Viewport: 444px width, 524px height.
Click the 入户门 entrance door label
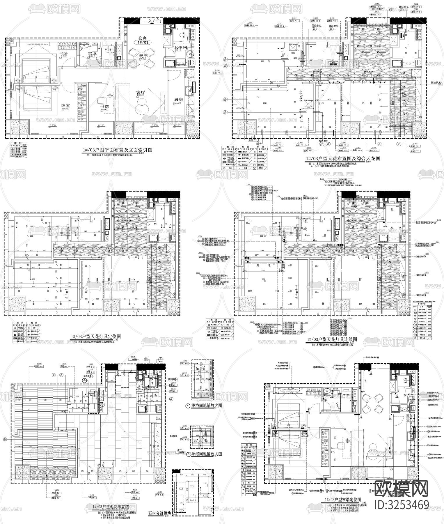pyautogui.click(x=153, y=22)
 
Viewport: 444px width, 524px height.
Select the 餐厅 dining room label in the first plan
pyautogui.click(x=143, y=56)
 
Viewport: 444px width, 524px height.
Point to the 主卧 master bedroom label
pyautogui.click(x=63, y=54)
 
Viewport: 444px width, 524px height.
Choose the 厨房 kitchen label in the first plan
pyautogui.click(x=178, y=99)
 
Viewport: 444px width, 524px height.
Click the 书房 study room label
pyautogui.click(x=105, y=107)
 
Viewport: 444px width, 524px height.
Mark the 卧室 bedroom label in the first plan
pyautogui.click(x=65, y=106)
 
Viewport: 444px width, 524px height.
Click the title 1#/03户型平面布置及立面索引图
pyautogui.click(x=117, y=150)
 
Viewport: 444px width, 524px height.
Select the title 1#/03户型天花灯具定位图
pyautogui.click(x=95, y=336)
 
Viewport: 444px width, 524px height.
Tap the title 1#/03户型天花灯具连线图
pyautogui.click(x=331, y=339)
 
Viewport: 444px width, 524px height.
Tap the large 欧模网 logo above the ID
pyautogui.click(x=402, y=488)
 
